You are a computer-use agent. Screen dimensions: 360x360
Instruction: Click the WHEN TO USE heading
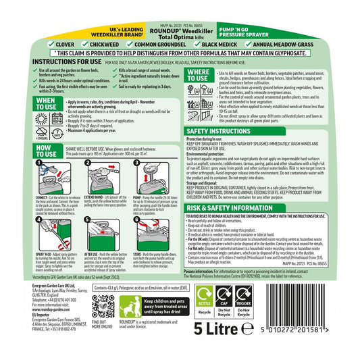tap(26, 104)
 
